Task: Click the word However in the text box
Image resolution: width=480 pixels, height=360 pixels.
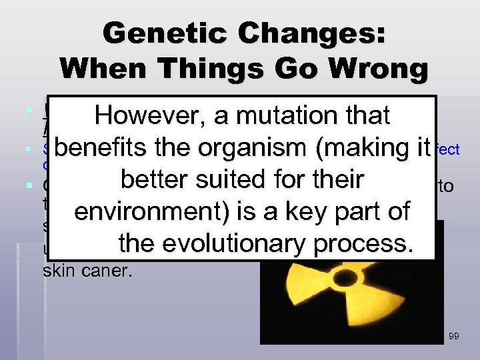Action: pos(148,115)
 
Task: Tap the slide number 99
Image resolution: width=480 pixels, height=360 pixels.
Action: pos(454,337)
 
